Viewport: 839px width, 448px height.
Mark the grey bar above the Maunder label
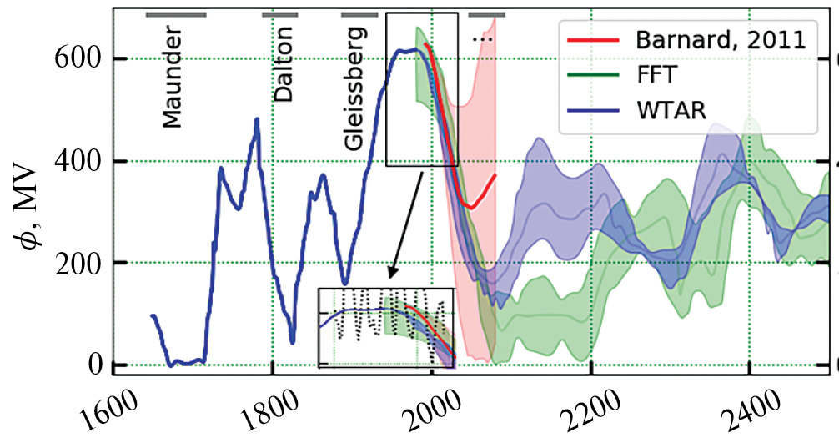tap(176, 14)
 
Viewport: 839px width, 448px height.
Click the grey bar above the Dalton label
tap(279, 14)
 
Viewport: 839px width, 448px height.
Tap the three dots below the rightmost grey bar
tap(483, 38)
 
